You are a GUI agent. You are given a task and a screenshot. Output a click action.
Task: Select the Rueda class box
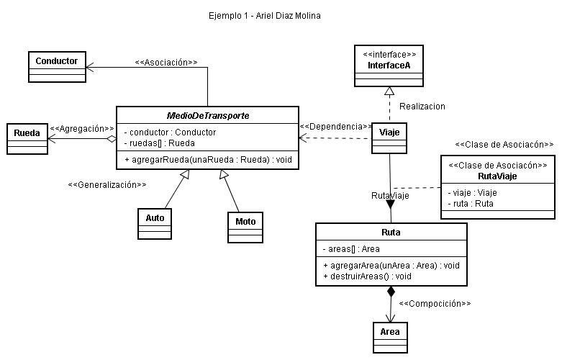[x=27, y=139]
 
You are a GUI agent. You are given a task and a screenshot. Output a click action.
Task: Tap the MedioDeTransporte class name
[x=207, y=116]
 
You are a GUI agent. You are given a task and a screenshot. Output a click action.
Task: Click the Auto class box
[x=155, y=223]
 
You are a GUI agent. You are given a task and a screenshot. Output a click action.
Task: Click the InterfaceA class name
[x=389, y=65]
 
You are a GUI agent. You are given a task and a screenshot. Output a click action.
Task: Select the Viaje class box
[x=389, y=137]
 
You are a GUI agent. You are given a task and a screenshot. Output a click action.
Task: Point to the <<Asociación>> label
[x=166, y=63]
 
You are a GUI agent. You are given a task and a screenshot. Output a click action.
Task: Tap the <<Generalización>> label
[x=107, y=185]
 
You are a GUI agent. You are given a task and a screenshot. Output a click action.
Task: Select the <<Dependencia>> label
[x=335, y=126]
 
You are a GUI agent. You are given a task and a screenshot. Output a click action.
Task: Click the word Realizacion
[x=422, y=106]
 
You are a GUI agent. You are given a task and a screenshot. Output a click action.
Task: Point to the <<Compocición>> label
[x=435, y=303]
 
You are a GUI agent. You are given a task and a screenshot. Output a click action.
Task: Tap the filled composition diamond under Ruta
[x=391, y=292]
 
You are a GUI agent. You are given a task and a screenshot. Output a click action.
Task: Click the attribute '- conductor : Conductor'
[x=170, y=132]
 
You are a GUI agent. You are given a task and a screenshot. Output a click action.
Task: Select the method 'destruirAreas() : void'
[x=368, y=276]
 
